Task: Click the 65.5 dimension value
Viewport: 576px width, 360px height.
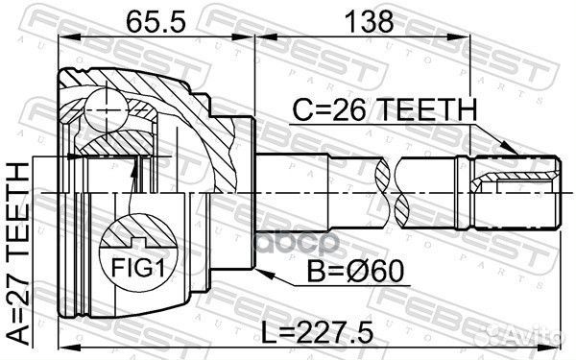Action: tap(154, 19)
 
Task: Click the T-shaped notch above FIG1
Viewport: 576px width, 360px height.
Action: tap(137, 230)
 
